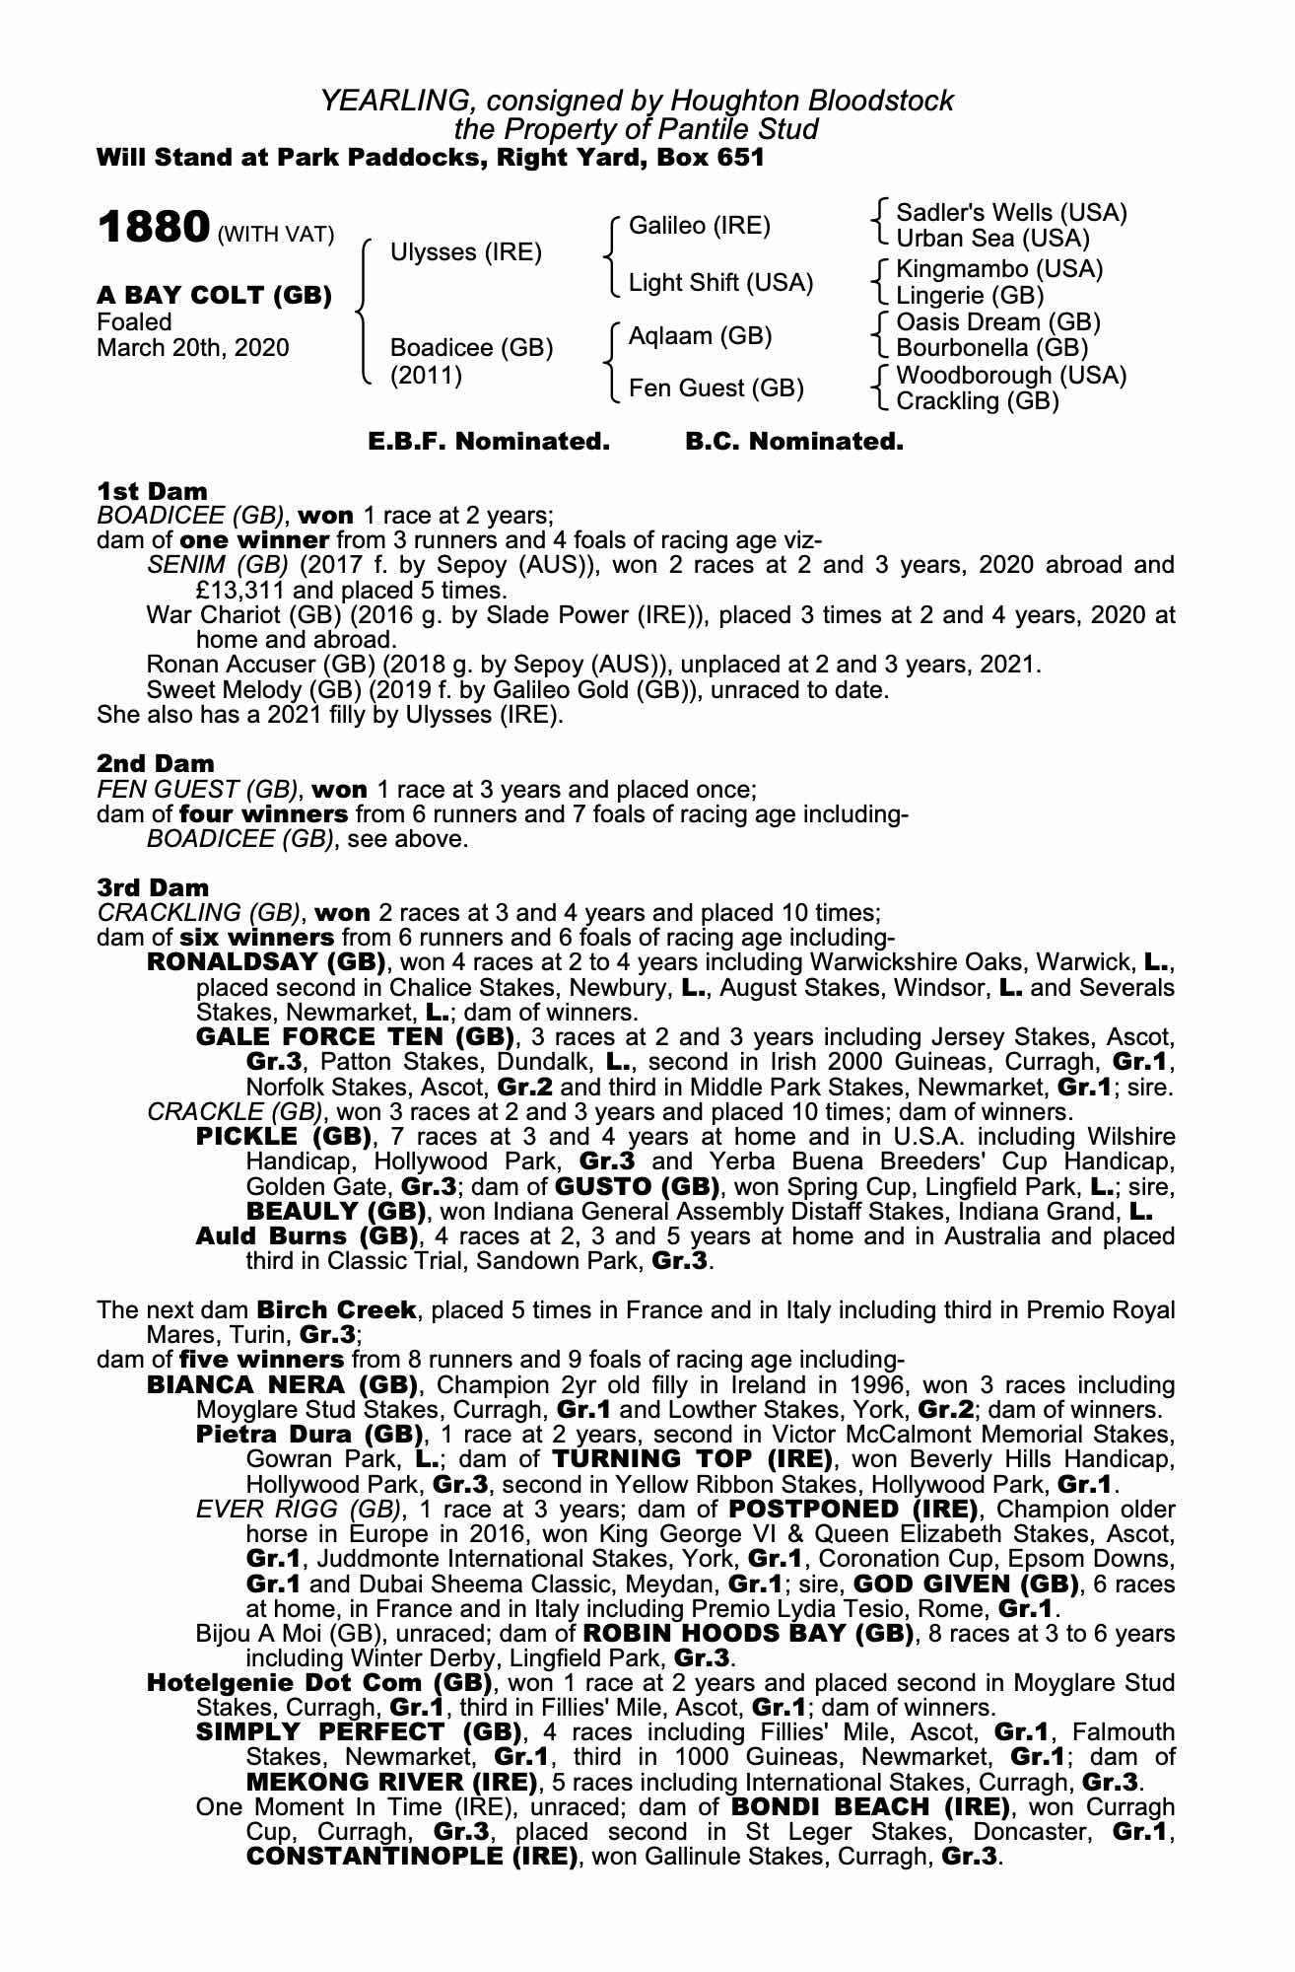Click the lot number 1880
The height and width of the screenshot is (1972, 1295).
click(x=153, y=228)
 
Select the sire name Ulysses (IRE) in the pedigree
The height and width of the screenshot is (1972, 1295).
click(x=466, y=252)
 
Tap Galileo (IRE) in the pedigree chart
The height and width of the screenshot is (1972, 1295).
click(x=699, y=226)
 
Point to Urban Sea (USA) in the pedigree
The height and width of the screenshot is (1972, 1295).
click(x=992, y=239)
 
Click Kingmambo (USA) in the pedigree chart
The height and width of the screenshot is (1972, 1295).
click(x=999, y=269)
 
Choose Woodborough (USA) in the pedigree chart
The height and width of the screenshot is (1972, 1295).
click(x=1011, y=376)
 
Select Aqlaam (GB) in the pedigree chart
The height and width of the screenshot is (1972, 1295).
click(x=700, y=336)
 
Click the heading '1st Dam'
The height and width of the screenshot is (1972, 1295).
click(x=153, y=491)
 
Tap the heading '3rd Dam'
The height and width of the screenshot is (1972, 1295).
click(x=153, y=887)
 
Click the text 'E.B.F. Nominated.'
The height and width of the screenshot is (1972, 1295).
click(x=489, y=442)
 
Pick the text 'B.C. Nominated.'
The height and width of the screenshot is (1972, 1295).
click(x=793, y=442)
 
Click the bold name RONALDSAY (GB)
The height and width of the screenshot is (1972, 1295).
click(x=265, y=961)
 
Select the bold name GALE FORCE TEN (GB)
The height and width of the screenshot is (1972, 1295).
click(x=356, y=1036)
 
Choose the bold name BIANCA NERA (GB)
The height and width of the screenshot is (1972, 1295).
click(x=269, y=1384)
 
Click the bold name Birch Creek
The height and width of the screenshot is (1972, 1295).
click(x=336, y=1310)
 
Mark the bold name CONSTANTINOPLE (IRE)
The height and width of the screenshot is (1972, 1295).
click(x=411, y=1857)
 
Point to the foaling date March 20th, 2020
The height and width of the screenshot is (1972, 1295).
click(x=193, y=348)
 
